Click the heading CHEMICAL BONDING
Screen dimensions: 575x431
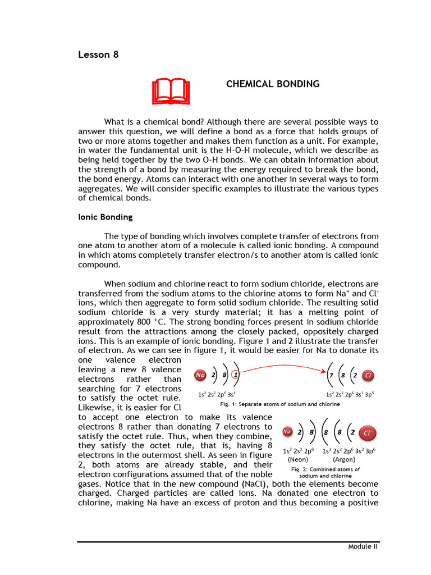[x=273, y=84]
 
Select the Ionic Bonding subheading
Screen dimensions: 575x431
[x=106, y=217]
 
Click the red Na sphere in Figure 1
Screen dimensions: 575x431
[x=200, y=375]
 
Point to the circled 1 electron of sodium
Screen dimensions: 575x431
[x=236, y=375]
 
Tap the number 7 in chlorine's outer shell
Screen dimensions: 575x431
[x=332, y=375]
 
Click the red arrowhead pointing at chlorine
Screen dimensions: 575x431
[x=325, y=371]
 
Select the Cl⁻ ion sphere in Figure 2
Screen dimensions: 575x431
[x=366, y=433]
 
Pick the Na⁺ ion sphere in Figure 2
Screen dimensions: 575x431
[x=287, y=432]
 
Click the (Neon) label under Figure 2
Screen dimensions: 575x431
[x=297, y=459]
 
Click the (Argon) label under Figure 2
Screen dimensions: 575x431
[x=344, y=459]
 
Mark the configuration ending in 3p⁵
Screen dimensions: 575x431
[x=350, y=394]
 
